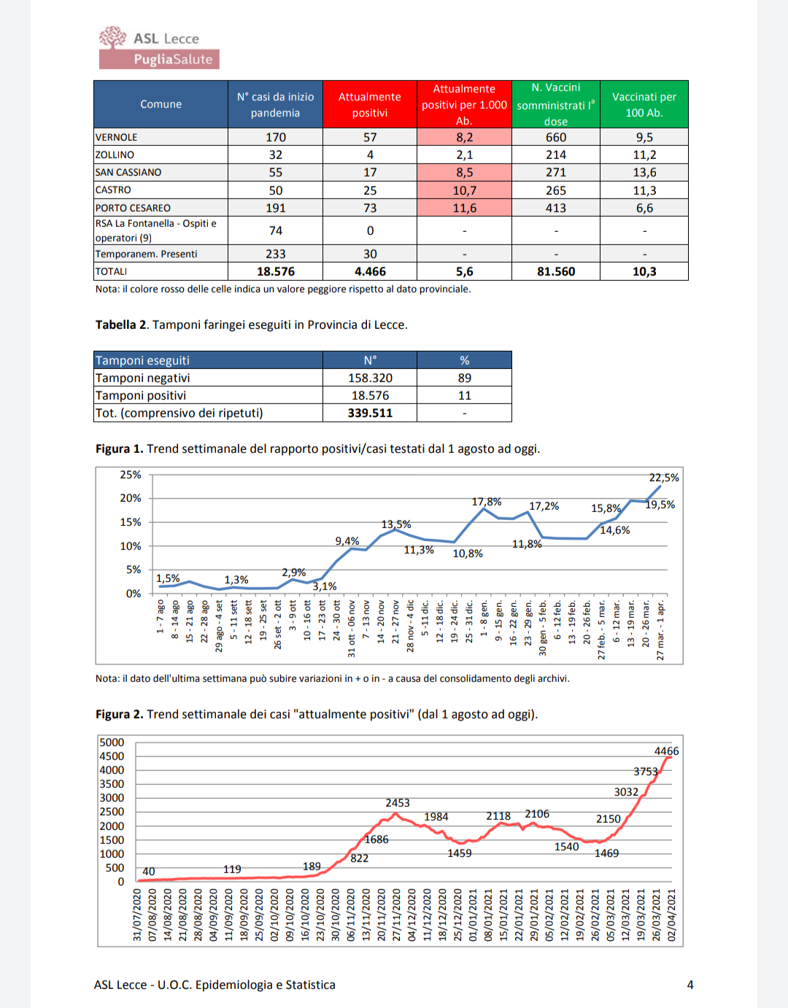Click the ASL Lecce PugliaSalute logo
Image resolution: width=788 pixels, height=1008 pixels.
pos(159,48)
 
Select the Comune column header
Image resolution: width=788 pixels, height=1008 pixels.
pos(161,104)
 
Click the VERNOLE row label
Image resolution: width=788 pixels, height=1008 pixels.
pos(117,137)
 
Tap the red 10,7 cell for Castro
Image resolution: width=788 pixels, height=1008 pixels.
pos(464,190)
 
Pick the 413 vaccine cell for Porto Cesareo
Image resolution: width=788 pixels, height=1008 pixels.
pos(555,208)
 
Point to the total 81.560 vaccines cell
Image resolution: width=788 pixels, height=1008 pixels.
pos(555,271)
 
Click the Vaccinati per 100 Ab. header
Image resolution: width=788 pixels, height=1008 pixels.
pos(644,104)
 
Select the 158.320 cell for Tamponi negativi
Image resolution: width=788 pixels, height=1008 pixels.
pos(370,378)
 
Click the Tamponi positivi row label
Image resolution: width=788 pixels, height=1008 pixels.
pos(141,395)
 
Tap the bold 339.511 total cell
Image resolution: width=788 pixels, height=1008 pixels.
pos(370,413)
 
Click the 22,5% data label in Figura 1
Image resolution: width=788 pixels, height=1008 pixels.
pos(664,478)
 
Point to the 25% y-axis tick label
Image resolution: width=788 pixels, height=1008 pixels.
pos(131,475)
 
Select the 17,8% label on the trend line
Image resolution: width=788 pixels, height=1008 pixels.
pos(487,502)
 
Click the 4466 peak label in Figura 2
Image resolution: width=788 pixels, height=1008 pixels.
pos(666,751)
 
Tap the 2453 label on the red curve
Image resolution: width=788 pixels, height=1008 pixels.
pos(398,803)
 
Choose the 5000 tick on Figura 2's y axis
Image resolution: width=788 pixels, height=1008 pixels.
pos(112,743)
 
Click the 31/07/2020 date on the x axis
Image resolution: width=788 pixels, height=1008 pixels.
pos(137,915)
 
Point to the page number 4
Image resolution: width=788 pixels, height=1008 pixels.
pos(690,985)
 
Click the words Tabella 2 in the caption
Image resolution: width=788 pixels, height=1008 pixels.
pos(115,325)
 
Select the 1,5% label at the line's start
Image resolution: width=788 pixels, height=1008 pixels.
pos(168,578)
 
